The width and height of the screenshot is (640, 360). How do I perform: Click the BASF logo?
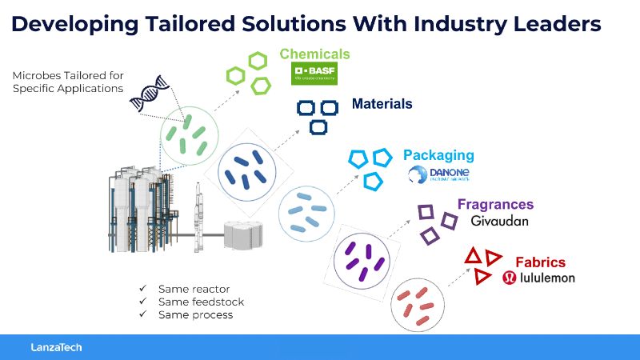pyautogui.click(x=314, y=74)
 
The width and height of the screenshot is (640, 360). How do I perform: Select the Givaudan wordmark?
pyautogui.click(x=500, y=221)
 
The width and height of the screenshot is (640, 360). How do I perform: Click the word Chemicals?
pyautogui.click(x=314, y=54)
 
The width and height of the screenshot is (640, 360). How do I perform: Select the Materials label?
pyautogui.click(x=382, y=104)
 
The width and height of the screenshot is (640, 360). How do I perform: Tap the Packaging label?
pyautogui.click(x=438, y=155)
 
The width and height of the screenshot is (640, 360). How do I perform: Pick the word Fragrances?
pyautogui.click(x=495, y=204)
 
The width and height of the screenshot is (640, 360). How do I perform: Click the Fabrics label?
pyautogui.click(x=540, y=262)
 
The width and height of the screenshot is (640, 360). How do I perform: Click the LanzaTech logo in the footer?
pyautogui.click(x=56, y=347)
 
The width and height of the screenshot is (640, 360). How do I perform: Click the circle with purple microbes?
pyautogui.click(x=362, y=261)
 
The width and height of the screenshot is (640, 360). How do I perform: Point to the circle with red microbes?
pyautogui.click(x=418, y=305)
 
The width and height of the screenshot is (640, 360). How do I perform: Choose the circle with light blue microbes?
pyautogui.click(x=305, y=212)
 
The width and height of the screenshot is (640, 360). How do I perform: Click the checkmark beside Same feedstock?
pyautogui.click(x=142, y=302)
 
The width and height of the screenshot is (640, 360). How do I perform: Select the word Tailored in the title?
pyautogui.click(x=194, y=24)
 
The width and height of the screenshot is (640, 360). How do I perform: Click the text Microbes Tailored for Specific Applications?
pyautogui.click(x=68, y=82)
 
